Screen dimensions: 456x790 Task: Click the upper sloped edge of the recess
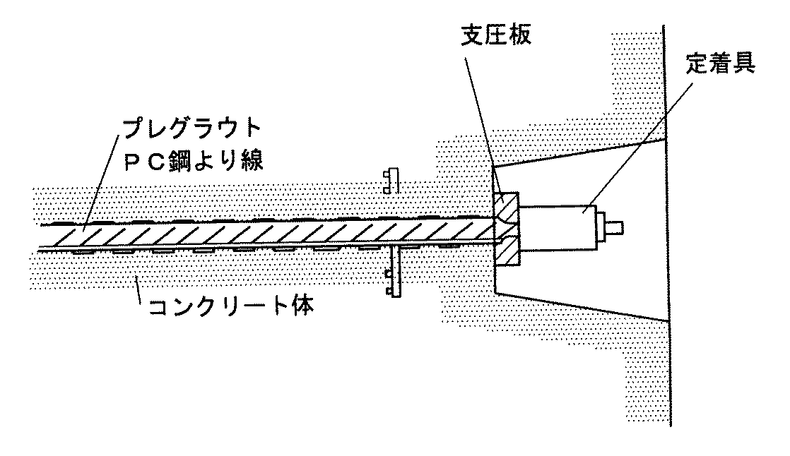(579, 154)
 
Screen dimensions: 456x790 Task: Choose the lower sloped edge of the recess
(579, 304)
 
